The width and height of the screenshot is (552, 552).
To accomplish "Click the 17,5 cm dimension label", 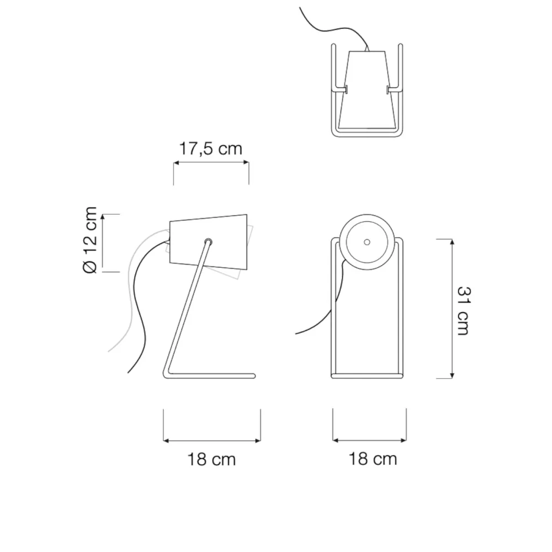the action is click(x=211, y=148).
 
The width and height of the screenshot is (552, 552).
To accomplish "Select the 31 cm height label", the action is click(x=463, y=311).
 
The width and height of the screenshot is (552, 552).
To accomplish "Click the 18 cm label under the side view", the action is click(x=211, y=459).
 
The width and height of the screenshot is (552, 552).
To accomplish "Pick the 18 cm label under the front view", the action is click(x=373, y=459).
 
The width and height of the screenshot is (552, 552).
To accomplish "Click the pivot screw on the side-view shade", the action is click(x=209, y=242).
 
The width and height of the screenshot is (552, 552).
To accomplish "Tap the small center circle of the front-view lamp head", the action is click(x=367, y=242).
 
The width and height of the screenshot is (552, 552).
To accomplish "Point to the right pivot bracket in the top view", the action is click(x=394, y=90).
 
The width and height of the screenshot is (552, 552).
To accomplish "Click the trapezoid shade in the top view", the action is click(x=367, y=90).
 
